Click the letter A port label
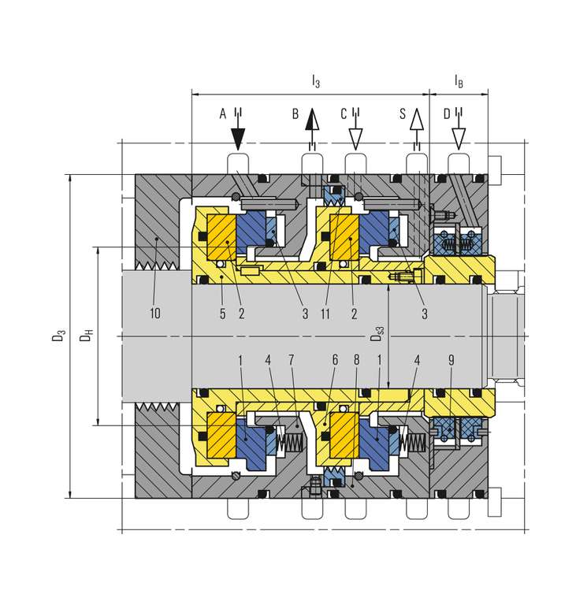point(223,113)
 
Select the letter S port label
point(403,113)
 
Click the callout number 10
point(154,313)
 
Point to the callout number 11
point(325,314)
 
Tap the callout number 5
point(222,314)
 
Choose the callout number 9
point(452,360)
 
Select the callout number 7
point(291,360)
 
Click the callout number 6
point(335,360)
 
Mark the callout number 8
point(356,360)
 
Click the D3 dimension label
point(58,336)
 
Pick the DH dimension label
point(87,336)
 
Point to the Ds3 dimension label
point(377,334)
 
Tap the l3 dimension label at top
point(316,81)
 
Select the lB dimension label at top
point(459,81)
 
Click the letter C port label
point(344,113)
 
